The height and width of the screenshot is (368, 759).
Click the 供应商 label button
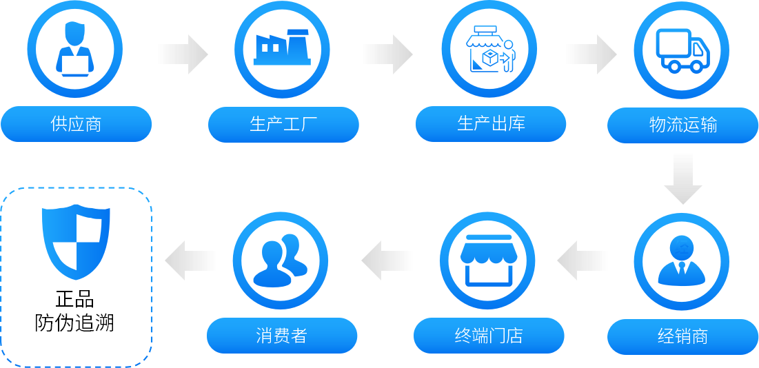point(76,124)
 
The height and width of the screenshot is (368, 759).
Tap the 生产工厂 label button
point(283,124)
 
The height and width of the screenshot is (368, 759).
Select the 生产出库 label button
point(491,124)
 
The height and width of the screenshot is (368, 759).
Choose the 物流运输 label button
point(682,125)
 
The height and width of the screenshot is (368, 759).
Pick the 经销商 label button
point(682,337)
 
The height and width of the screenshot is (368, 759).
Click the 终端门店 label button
point(489,336)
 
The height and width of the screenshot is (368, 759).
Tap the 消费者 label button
point(282,336)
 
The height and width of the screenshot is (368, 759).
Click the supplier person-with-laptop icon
point(74,50)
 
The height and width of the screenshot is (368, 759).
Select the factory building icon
point(282,49)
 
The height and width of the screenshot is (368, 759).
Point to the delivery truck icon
point(682,50)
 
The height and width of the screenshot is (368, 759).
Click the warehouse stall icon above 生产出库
point(489,50)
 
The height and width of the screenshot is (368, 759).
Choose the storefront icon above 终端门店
point(488,260)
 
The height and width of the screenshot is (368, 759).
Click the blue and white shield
point(76,239)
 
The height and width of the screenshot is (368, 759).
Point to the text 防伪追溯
point(75,323)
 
